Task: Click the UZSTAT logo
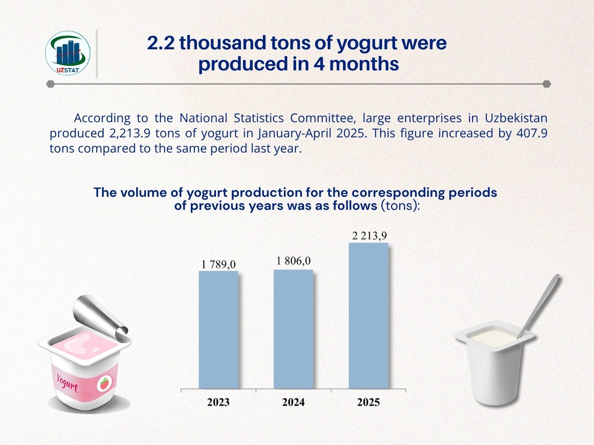pyautogui.click(x=67, y=53)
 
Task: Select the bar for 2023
pyautogui.click(x=219, y=330)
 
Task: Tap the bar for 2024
pyautogui.click(x=293, y=329)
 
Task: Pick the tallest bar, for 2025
pyautogui.click(x=369, y=316)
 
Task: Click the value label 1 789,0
pyautogui.click(x=219, y=264)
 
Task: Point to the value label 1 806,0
pyautogui.click(x=293, y=261)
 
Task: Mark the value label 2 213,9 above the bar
pyautogui.click(x=370, y=236)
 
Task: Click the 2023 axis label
pyautogui.click(x=219, y=402)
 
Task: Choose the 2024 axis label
pyautogui.click(x=293, y=402)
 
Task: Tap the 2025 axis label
pyautogui.click(x=369, y=402)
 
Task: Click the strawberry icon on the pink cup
pyautogui.click(x=105, y=383)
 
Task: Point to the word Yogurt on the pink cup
pyautogui.click(x=67, y=383)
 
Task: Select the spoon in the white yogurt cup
pyautogui.click(x=538, y=306)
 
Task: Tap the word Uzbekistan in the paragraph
pyautogui.click(x=516, y=118)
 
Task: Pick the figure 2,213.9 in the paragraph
pyautogui.click(x=130, y=134)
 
